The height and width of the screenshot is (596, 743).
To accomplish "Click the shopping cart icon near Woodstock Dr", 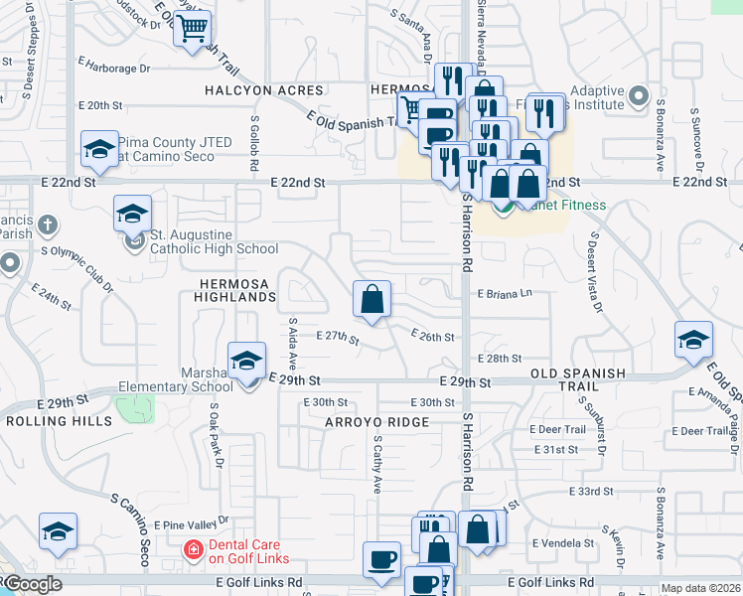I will [x=193, y=28].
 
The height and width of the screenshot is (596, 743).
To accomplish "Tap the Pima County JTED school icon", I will [x=99, y=150].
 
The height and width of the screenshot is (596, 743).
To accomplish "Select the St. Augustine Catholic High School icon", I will [x=133, y=214].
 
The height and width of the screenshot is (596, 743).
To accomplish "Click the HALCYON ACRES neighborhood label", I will [x=250, y=90].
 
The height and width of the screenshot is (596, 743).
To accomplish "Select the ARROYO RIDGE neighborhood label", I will [x=376, y=422].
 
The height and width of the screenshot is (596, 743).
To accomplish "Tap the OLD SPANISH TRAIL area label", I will [x=579, y=380].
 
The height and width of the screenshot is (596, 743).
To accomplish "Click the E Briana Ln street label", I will [x=505, y=294].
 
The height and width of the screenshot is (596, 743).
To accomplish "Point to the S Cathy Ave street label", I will [x=377, y=466].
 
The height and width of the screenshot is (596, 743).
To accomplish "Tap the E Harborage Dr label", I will [x=113, y=69].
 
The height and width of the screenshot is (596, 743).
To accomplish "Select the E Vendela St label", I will [x=563, y=543].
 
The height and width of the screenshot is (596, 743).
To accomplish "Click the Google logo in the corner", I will [x=32, y=584].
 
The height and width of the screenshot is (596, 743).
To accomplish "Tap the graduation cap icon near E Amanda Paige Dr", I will [x=693, y=340].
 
